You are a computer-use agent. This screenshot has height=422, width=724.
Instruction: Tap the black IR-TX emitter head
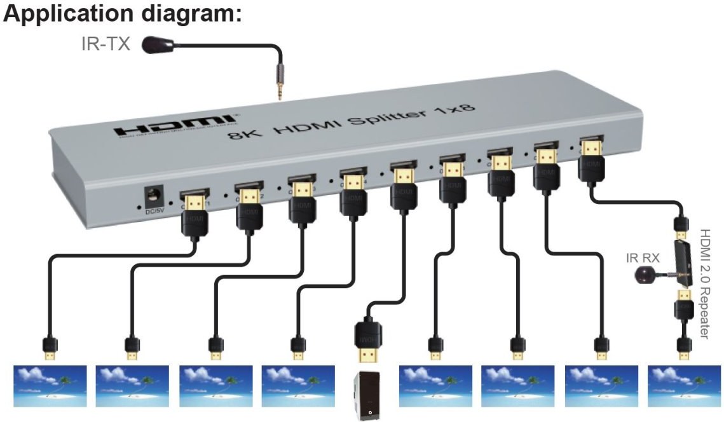[x=154, y=44]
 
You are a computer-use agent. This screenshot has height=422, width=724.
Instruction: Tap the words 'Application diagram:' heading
[x=122, y=14]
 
